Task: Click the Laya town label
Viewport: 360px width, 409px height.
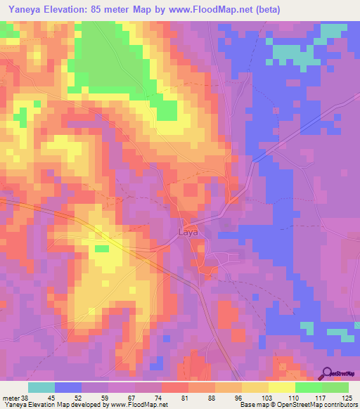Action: click(188, 231)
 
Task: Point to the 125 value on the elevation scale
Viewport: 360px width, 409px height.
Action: click(347, 397)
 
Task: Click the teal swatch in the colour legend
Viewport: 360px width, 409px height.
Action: click(41, 387)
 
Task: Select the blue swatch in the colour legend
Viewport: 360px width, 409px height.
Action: click(68, 387)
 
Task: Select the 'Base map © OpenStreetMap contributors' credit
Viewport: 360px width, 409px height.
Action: click(297, 405)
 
